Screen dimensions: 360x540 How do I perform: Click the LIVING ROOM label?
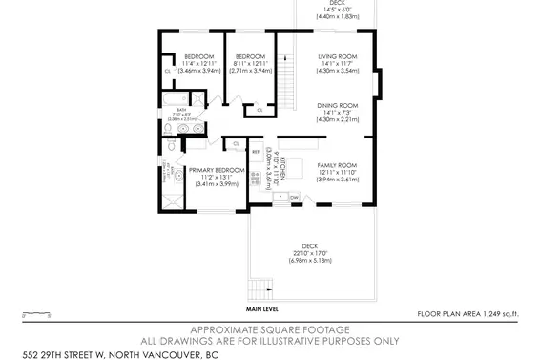point(338,57)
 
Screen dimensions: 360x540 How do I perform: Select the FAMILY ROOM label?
point(337,165)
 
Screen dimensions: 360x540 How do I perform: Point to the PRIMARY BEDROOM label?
point(217,170)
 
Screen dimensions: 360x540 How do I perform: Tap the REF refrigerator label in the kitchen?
point(255,151)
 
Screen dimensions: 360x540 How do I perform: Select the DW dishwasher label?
point(294,198)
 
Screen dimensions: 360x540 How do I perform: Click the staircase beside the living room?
point(282,73)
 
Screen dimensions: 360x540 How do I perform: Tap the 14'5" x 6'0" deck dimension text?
point(338,11)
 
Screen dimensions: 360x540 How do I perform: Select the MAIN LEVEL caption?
point(261,309)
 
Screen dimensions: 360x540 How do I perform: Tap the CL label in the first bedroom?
point(167,70)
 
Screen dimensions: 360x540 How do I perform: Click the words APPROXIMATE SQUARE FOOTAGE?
point(269,326)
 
